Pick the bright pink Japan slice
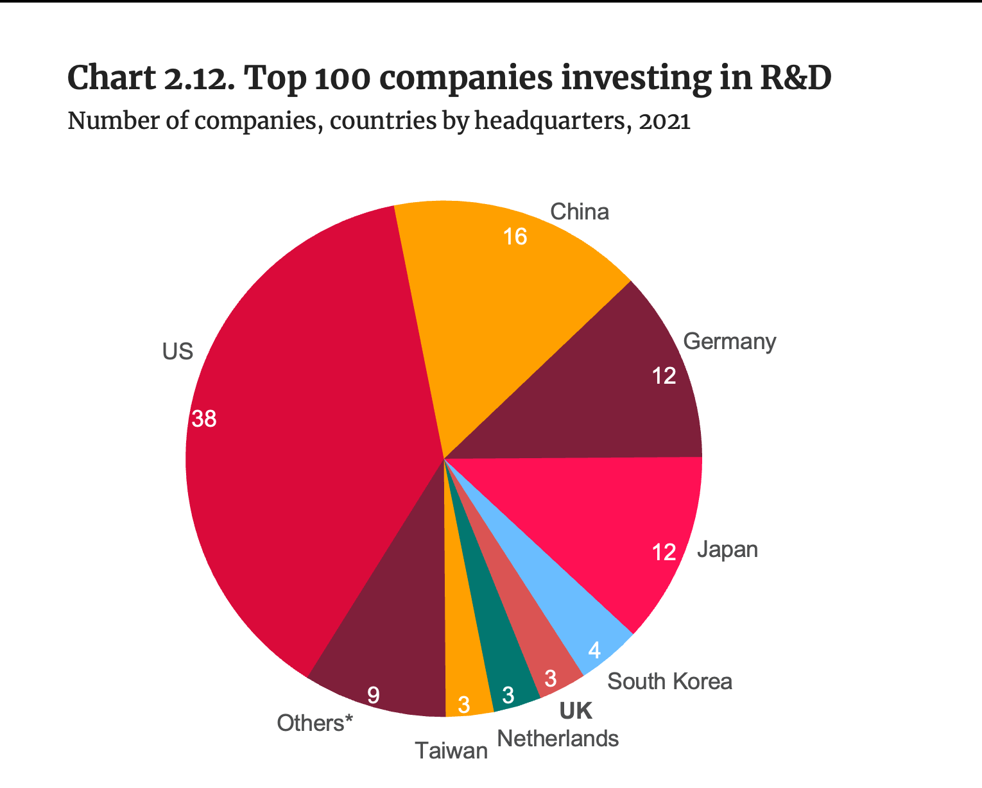[610, 526]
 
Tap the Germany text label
[730, 341]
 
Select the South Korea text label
[669, 681]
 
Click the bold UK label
[576, 711]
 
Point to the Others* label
[315, 723]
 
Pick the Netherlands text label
[558, 739]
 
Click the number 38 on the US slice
[205, 420]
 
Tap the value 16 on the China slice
[515, 237]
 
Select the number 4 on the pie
[594, 651]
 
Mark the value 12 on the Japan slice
[664, 552]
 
